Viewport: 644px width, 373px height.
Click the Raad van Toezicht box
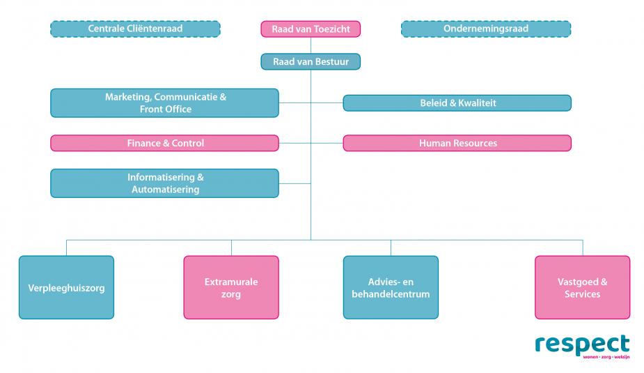pyautogui.click(x=311, y=29)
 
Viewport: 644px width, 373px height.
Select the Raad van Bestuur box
pyautogui.click(x=311, y=62)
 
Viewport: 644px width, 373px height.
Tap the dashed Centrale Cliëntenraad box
pyautogui.click(x=135, y=29)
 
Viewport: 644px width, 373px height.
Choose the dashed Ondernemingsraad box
pyautogui.click(x=485, y=29)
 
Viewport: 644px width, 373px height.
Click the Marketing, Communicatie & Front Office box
pyautogui.click(x=164, y=103)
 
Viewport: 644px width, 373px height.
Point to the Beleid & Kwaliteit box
pyautogui.click(x=457, y=103)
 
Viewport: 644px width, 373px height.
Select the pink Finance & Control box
pyautogui.click(x=164, y=143)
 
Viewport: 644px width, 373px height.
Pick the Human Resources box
pyautogui.click(x=457, y=143)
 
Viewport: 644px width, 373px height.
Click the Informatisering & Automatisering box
pyautogui.click(x=164, y=183)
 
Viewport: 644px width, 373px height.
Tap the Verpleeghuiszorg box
pyautogui.click(x=66, y=287)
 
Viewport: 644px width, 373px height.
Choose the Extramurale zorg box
pyautogui.click(x=231, y=287)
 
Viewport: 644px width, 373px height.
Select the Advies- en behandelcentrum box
pyautogui.click(x=391, y=287)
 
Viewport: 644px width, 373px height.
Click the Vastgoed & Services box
pyautogui.click(x=582, y=287)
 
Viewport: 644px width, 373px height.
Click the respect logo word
pyautogui.click(x=582, y=344)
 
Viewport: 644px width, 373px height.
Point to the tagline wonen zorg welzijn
pyautogui.click(x=602, y=357)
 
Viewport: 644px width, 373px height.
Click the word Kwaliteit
pyautogui.click(x=477, y=103)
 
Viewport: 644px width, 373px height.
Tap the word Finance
pyautogui.click(x=144, y=143)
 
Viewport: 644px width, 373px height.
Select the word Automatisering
pyautogui.click(x=165, y=189)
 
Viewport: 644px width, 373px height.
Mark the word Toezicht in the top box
pyautogui.click(x=331, y=29)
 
